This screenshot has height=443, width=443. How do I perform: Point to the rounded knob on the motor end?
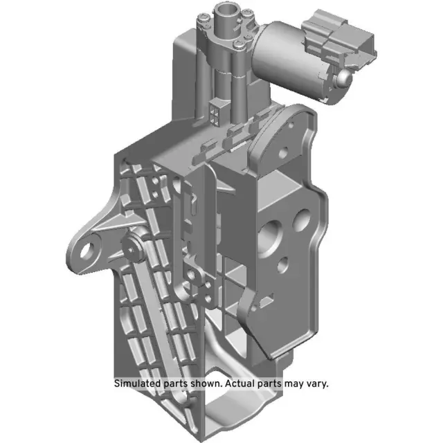[x=342, y=81]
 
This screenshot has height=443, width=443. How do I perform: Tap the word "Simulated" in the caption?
[x=138, y=383]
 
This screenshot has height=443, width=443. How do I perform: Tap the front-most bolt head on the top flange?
[x=239, y=46]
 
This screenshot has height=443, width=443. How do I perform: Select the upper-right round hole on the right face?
[x=302, y=219]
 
